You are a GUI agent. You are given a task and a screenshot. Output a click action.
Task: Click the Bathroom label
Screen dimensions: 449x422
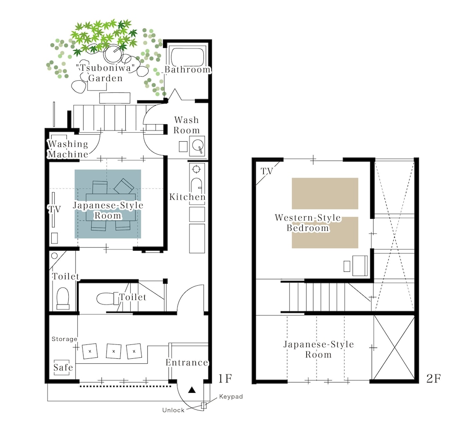(188, 70)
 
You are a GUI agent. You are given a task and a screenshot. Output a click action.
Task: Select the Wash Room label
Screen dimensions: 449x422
(186, 125)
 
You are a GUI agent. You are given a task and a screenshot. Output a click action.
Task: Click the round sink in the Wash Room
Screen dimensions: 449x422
(197, 145)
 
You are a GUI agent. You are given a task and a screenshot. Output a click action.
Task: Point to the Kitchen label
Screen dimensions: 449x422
(188, 197)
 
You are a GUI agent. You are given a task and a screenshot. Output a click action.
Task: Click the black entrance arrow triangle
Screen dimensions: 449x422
(192, 390)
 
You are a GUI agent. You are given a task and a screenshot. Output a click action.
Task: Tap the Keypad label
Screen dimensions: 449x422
(231, 396)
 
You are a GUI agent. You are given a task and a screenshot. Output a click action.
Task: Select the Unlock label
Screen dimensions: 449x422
(173, 410)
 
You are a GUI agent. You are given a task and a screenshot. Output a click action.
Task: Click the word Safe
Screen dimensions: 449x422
(63, 367)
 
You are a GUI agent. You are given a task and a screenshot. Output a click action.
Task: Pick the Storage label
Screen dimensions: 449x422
(64, 339)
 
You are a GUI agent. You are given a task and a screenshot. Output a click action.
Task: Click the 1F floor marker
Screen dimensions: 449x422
(225, 378)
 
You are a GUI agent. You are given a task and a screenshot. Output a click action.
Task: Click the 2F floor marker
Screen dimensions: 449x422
(434, 378)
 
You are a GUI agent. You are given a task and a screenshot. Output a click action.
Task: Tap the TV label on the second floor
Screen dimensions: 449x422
(267, 171)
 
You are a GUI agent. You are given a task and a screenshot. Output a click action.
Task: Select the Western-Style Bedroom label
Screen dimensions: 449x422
(308, 222)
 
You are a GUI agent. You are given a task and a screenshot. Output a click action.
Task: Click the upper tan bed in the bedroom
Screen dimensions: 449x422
(325, 193)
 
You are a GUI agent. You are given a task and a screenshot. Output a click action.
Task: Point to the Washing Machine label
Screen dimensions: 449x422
(68, 149)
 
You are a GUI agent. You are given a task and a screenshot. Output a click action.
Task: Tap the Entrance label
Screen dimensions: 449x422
(187, 362)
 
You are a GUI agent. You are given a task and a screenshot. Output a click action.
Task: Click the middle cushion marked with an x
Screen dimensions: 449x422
(114, 351)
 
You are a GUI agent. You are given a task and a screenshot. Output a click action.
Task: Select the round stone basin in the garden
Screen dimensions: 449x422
(113, 53)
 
